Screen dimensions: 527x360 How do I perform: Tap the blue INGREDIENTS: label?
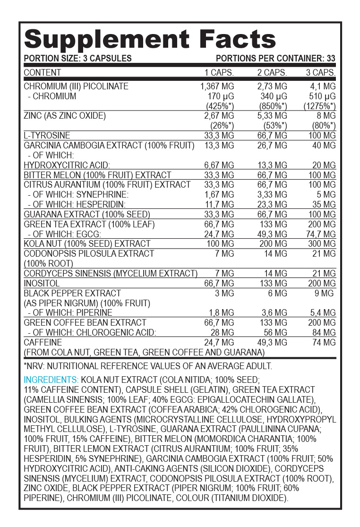pos(51,380)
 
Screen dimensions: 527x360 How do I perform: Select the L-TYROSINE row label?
pos(47,136)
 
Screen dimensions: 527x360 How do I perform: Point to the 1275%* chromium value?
pos(320,106)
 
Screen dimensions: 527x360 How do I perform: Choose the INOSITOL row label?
pos(42,283)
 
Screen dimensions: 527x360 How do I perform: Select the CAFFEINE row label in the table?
pos(43,342)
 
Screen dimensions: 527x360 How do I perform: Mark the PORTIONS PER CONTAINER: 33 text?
pos(275,59)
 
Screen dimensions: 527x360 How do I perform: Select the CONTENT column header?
pos(43,73)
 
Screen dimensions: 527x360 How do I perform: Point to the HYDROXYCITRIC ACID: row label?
pos(67,165)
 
